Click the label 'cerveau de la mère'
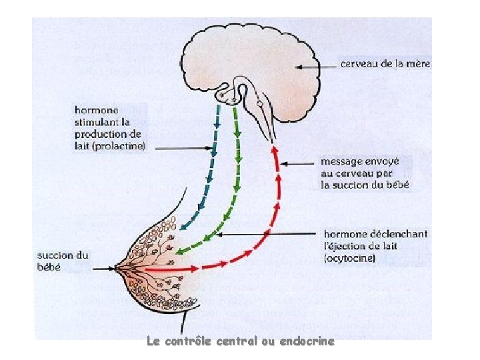tap(385, 65)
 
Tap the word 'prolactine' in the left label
tap(121, 146)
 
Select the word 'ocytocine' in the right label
tap(349, 259)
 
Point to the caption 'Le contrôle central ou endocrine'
tap(240, 341)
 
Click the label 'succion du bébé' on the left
tap(63, 261)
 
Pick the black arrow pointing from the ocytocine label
tap(267, 234)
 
